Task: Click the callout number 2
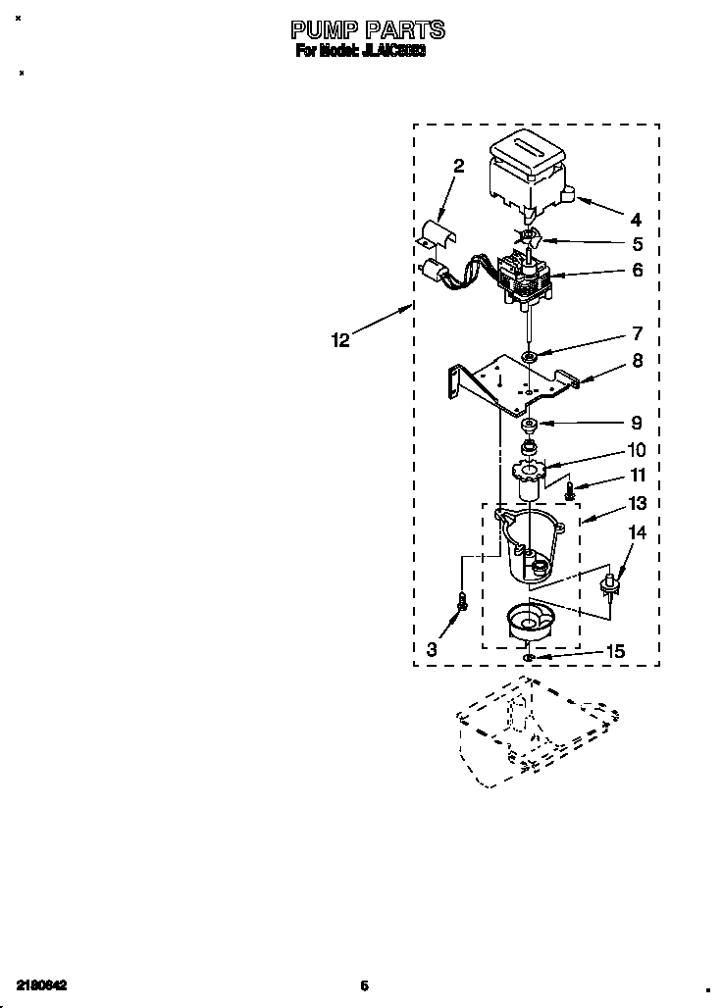[x=458, y=166]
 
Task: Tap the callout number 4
[x=636, y=220]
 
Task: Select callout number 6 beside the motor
[x=638, y=270]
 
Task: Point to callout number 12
[x=340, y=340]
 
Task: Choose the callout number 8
[x=638, y=360]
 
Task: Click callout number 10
[x=637, y=450]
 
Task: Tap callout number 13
[x=638, y=503]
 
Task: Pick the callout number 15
[x=643, y=650]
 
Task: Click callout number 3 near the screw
[x=433, y=648]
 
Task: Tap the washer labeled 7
[x=529, y=356]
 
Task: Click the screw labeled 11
[x=570, y=486]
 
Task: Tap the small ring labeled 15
[x=529, y=656]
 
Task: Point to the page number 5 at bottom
[x=364, y=984]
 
